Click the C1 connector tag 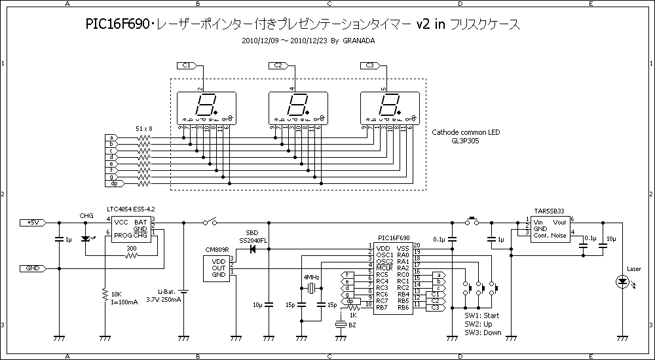(x=187, y=65)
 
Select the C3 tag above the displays (x=370, y=65)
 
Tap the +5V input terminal (x=33, y=223)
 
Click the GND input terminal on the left (x=33, y=268)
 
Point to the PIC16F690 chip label (x=394, y=239)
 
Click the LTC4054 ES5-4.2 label (x=130, y=209)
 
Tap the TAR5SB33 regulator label (x=549, y=211)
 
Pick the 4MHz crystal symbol (x=311, y=289)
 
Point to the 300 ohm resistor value (x=132, y=248)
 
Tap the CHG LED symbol (x=85, y=240)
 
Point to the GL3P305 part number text (x=465, y=140)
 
